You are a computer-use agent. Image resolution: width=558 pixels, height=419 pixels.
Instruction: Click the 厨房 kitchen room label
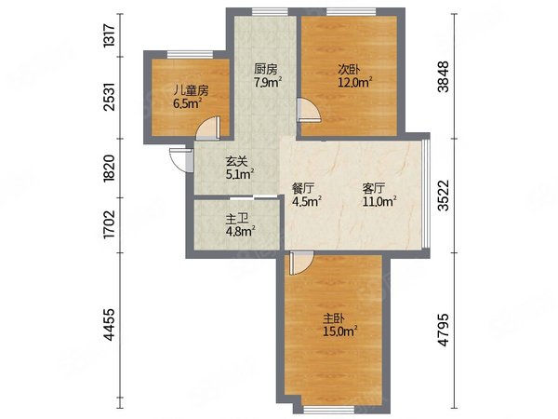[265, 68]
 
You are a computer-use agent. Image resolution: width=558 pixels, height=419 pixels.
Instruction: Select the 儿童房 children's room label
[191, 90]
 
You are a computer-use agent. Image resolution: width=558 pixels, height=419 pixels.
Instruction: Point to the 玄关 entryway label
[236, 162]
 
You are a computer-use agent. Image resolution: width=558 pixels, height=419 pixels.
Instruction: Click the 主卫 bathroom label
[236, 219]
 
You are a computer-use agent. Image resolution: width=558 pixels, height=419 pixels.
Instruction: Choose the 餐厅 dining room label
[303, 188]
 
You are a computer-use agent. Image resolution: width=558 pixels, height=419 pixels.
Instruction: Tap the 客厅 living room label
[374, 188]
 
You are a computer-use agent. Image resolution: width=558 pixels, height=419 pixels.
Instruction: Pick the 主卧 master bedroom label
[335, 318]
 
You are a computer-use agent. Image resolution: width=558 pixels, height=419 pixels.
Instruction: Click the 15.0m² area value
[339, 331]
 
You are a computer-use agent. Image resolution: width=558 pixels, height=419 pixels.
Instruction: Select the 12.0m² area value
[355, 82]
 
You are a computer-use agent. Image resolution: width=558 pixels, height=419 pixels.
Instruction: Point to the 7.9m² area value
[268, 82]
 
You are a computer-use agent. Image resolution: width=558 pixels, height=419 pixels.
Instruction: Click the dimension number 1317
[109, 35]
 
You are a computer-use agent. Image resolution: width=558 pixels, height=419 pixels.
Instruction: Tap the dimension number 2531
[109, 97]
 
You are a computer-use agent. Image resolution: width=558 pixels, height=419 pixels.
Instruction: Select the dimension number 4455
[109, 324]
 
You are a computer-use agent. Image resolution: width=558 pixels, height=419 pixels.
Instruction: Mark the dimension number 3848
[444, 77]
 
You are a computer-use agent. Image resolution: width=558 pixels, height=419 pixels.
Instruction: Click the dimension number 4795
[444, 330]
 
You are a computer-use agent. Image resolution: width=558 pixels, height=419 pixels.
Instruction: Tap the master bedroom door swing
[301, 263]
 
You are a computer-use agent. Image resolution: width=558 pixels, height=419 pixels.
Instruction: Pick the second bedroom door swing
[309, 110]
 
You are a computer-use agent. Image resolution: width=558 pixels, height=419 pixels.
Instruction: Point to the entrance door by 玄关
[181, 160]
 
